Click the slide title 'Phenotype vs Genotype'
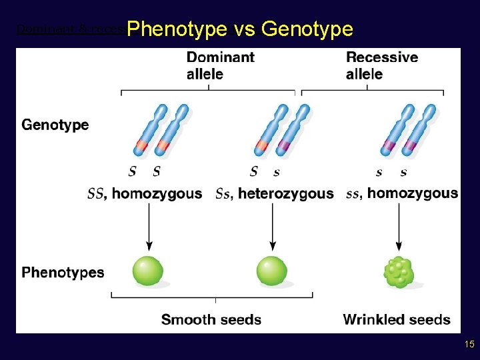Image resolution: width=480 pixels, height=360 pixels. tap(239, 29)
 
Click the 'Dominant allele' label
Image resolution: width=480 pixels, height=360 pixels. tap(220, 65)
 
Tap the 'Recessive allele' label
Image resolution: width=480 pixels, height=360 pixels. tap(381, 65)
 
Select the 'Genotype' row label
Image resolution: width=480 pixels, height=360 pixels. tap(55, 125)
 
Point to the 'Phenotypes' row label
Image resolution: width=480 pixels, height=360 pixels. tap(63, 272)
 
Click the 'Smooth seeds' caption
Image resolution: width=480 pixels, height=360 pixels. tap(211, 319)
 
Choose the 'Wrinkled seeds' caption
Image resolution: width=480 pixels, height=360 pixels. tap(397, 319)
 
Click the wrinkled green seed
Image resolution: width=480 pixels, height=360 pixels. tap(399, 272)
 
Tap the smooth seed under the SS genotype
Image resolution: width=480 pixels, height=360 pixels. tap(148, 271)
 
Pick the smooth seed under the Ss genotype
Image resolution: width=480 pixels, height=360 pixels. tap(272, 271)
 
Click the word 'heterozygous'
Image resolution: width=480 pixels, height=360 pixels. tap(286, 194)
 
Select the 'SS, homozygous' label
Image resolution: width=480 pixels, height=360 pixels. tap(145, 194)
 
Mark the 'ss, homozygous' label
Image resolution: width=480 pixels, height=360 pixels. tap(402, 193)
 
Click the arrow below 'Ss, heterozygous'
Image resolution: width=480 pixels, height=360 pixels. tap(272, 227)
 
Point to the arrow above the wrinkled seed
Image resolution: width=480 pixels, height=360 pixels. tap(399, 227)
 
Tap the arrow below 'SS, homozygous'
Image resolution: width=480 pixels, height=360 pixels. tap(149, 227)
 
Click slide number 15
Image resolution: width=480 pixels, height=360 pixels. tap(469, 344)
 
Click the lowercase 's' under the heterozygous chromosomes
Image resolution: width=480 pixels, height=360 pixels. tap(276, 172)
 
